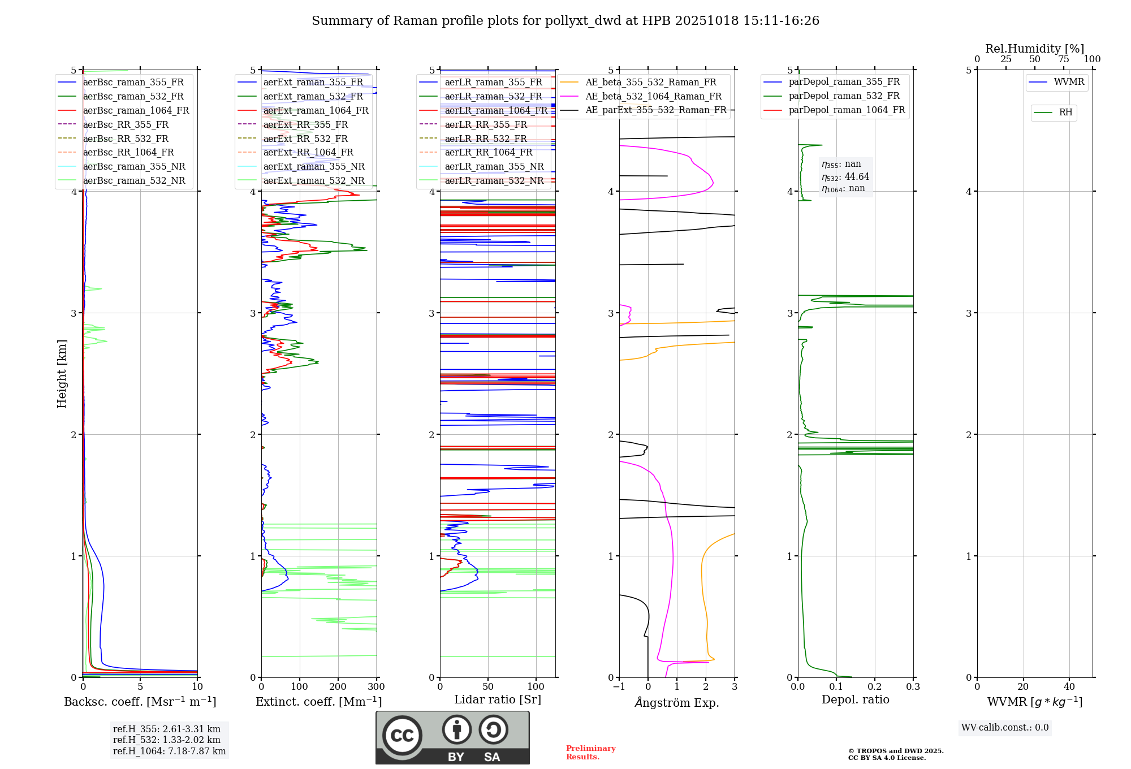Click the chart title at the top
tap(565, 21)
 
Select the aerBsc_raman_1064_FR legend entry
tap(136, 110)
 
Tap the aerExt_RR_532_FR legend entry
tap(305, 139)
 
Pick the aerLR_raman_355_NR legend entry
tap(494, 166)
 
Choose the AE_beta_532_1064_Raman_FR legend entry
tap(653, 96)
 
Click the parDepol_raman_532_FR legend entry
tap(844, 96)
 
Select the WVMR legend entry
tap(1068, 82)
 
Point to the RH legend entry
tap(1065, 113)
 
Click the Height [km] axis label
tap(62, 373)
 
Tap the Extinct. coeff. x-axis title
tap(318, 702)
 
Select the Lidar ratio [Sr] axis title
tap(498, 699)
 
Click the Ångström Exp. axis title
tap(677, 702)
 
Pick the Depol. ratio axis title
tap(855, 699)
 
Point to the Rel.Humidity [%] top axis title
tap(1034, 49)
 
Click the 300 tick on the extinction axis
tap(376, 687)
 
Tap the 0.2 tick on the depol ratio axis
tap(875, 687)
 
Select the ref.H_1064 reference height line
tap(169, 751)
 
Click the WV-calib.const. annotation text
tap(1004, 728)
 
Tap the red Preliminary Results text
tap(590, 753)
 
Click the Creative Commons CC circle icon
tap(402, 735)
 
